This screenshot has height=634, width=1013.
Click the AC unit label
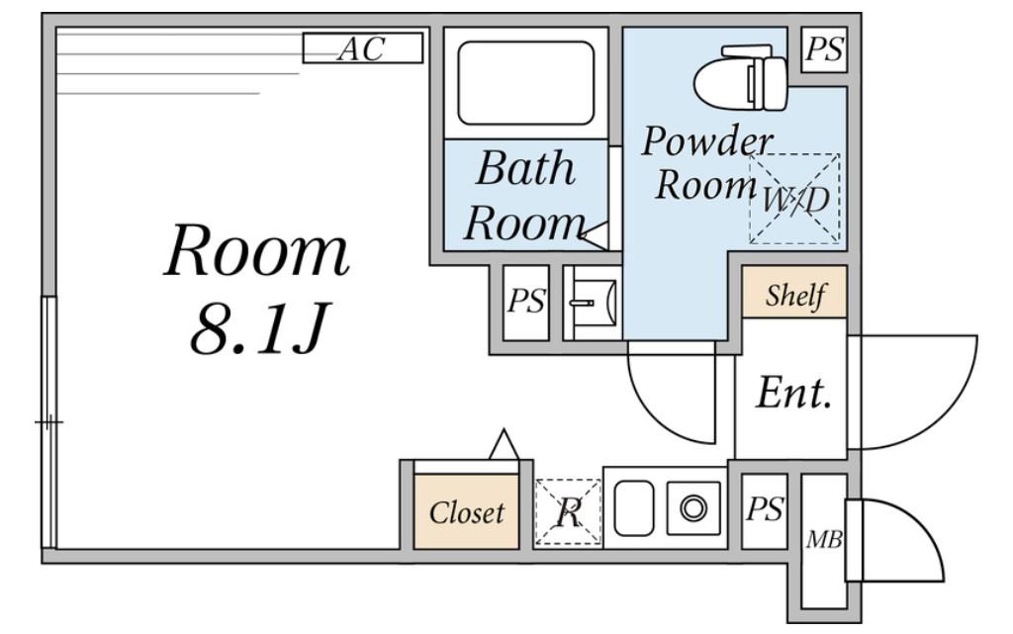click(x=362, y=48)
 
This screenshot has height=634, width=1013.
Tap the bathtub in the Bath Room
click(x=526, y=83)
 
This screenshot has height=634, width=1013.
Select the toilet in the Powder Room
click(x=742, y=77)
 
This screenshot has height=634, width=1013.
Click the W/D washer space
click(x=794, y=199)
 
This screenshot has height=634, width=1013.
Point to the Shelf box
click(x=794, y=292)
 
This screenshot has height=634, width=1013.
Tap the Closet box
click(x=466, y=512)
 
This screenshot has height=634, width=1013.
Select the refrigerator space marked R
click(x=568, y=512)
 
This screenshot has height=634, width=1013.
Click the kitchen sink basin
click(x=633, y=508)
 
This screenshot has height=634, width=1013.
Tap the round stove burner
click(x=693, y=507)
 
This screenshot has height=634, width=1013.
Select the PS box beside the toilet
click(x=824, y=49)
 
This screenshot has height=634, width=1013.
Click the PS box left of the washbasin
click(x=526, y=302)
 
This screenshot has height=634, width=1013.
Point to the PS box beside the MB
click(x=765, y=510)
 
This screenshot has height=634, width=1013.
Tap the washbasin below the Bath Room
click(x=592, y=302)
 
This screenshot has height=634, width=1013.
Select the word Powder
click(x=706, y=142)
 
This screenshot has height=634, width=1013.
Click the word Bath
click(x=525, y=168)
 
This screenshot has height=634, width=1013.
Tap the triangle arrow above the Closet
click(x=504, y=444)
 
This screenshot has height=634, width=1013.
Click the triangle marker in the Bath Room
click(x=595, y=236)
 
